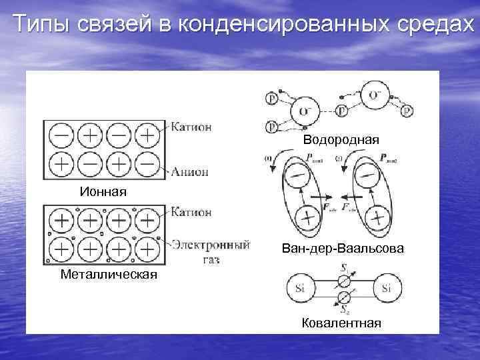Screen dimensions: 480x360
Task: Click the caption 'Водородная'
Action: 341,140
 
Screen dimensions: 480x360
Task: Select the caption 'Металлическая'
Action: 109,274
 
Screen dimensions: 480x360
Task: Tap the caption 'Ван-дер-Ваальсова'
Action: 343,248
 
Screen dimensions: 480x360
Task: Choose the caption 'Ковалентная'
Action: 341,323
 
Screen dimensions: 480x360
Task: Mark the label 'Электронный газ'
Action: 211,250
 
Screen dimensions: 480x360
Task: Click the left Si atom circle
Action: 298,289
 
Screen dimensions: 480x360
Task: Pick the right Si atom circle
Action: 387,289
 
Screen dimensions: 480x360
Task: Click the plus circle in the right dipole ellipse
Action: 377,217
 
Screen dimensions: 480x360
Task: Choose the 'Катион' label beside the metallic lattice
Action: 191,212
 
